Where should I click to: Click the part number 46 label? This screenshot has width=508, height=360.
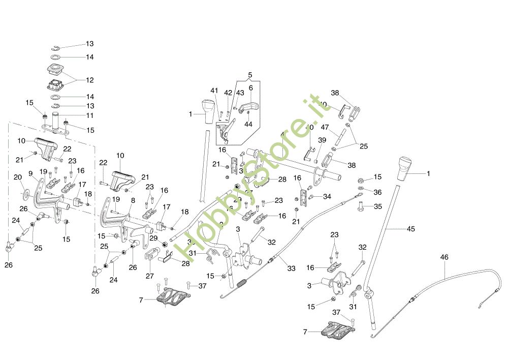click(x=444, y=258)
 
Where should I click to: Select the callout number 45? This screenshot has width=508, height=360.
click(x=410, y=229)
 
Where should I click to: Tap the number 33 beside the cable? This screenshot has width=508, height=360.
click(x=291, y=268)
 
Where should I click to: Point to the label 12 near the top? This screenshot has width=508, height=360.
click(x=90, y=80)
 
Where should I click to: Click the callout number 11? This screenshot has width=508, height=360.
click(x=90, y=115)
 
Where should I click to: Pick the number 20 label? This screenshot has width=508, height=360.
click(x=17, y=177)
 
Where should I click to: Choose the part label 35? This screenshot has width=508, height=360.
click(x=377, y=206)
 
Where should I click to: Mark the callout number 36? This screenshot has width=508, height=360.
click(x=377, y=192)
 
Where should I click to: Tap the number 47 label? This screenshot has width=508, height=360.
click(x=325, y=127)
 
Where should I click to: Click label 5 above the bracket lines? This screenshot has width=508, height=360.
click(x=250, y=75)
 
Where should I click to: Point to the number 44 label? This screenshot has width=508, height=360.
click(x=248, y=124)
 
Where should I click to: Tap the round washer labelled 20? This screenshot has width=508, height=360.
click(x=25, y=194)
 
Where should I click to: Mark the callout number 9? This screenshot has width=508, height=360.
click(x=30, y=172)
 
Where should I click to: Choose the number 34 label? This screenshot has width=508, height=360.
click(x=327, y=196)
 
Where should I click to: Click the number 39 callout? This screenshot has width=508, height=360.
click(x=322, y=140)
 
